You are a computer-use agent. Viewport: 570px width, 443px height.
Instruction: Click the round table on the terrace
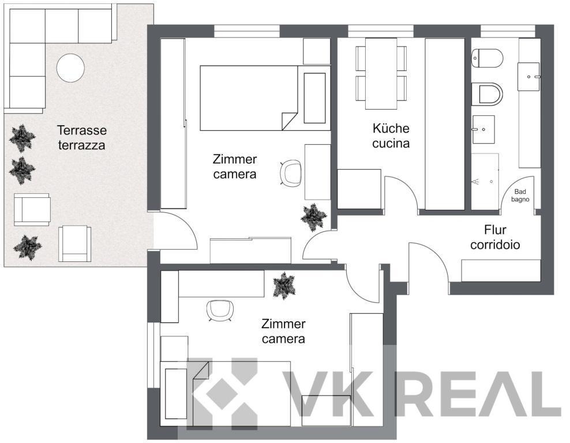click(x=70, y=67)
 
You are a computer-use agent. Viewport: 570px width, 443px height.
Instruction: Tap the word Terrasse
click(x=82, y=130)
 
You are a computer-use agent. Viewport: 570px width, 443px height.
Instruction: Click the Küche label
click(x=391, y=128)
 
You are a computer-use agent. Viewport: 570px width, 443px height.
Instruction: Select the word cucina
click(x=391, y=144)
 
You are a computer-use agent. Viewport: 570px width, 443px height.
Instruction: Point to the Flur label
click(x=495, y=230)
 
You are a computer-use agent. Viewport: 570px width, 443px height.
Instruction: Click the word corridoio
click(x=495, y=245)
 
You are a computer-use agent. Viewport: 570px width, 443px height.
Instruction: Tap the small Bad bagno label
click(x=520, y=196)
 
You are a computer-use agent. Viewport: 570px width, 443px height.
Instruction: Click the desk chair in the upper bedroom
click(x=291, y=174)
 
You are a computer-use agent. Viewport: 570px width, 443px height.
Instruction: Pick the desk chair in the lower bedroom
click(x=220, y=311)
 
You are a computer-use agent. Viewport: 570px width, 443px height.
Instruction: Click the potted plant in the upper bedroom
click(x=313, y=217)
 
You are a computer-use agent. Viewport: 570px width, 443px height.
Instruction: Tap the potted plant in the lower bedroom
click(x=284, y=286)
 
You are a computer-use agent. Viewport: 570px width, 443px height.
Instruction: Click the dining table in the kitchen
click(x=381, y=73)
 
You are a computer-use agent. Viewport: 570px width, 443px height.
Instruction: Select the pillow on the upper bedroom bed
click(x=314, y=98)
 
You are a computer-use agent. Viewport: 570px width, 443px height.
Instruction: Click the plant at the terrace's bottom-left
click(x=27, y=247)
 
